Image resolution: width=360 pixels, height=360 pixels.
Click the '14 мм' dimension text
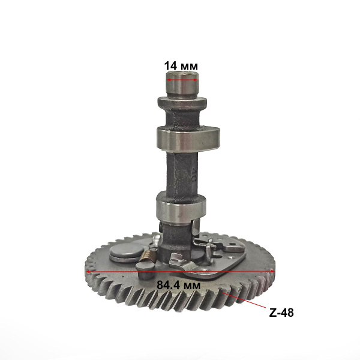pos(182,65)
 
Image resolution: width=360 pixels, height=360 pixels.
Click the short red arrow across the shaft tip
pos(182,78)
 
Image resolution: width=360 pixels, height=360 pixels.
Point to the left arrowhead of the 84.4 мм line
pos(89,271)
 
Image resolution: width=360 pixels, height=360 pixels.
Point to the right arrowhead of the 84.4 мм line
pos(273,271)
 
